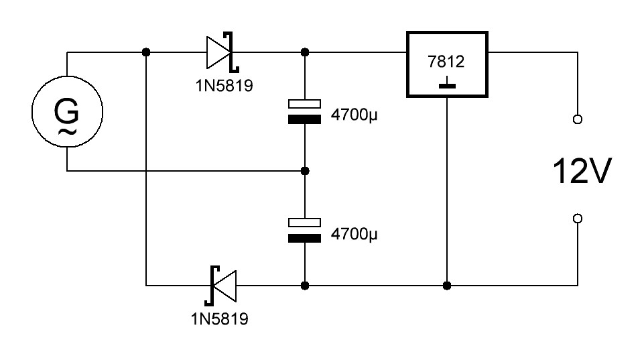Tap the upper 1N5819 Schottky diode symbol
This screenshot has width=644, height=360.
(222, 52)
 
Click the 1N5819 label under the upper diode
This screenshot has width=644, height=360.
(224, 86)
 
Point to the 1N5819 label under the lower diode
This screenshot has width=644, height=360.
(219, 319)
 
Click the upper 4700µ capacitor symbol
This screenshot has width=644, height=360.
(304, 111)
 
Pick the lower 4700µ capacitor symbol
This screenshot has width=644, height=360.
(304, 230)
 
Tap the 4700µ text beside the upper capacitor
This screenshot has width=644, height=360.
(354, 115)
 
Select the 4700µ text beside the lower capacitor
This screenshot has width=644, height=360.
(354, 234)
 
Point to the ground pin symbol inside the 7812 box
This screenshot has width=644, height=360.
(447, 82)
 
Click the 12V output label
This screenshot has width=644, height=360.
(582, 171)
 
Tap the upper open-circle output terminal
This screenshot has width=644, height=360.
(578, 119)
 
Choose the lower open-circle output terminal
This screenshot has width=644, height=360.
(578, 219)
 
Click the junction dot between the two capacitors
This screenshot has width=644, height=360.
(305, 171)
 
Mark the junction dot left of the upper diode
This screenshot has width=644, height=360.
(146, 52)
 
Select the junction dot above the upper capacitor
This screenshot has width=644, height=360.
(305, 52)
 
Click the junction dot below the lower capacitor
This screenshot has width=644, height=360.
(305, 286)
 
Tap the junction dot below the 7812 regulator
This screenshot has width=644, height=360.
(447, 286)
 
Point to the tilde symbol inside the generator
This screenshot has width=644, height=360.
(67, 132)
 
